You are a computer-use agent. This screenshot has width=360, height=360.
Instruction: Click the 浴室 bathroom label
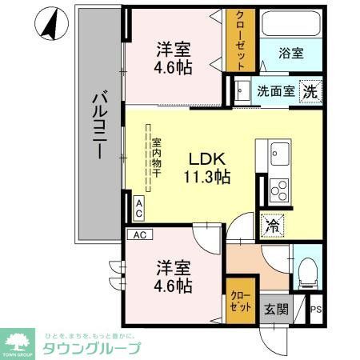tap(290, 54)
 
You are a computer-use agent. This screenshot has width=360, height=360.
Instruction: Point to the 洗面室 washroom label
tap(274, 91)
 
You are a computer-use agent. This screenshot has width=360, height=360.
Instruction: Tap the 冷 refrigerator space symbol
tap(272, 226)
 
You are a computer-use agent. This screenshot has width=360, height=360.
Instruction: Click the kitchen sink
tap(280, 152)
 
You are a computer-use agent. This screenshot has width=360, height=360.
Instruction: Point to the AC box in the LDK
tap(138, 209)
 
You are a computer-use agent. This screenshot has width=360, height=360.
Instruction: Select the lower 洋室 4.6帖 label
tap(173, 275)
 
